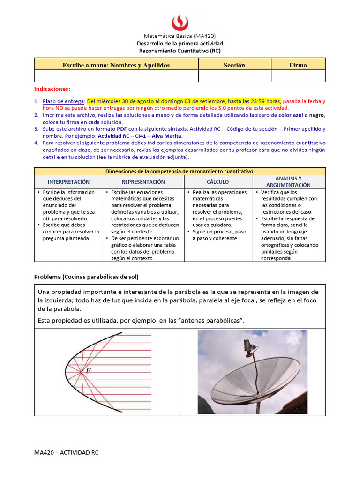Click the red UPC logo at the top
(x=180, y=22)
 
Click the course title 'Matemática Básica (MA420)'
(x=180, y=36)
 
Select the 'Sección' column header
(x=234, y=65)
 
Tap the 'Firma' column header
(x=298, y=65)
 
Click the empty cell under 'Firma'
(x=298, y=76)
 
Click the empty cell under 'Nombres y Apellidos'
(x=116, y=76)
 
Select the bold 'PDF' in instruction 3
(x=122, y=129)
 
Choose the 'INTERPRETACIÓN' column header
(x=69, y=182)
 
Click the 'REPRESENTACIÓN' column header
(x=143, y=182)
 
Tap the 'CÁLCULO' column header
(x=218, y=182)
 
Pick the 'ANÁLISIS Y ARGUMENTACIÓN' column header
(x=289, y=182)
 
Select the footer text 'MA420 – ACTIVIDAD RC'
(x=66, y=453)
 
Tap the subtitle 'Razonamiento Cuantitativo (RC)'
(x=180, y=51)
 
